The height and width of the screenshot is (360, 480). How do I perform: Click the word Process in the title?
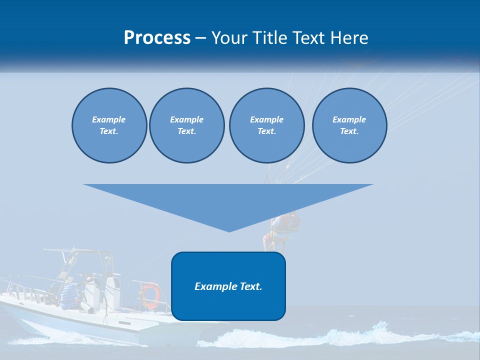tap(157, 38)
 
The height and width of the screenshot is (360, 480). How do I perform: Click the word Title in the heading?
tap(270, 38)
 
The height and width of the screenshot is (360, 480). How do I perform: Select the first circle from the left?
tap(109, 125)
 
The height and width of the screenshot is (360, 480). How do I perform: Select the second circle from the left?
tap(186, 125)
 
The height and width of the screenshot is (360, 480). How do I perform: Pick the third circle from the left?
tap(266, 125)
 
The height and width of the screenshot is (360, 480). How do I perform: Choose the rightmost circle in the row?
tap(349, 125)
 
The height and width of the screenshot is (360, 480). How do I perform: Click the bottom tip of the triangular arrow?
tap(229, 230)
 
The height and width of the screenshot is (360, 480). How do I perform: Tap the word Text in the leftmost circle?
tap(109, 131)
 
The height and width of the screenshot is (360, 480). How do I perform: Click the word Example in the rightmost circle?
tap(349, 119)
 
